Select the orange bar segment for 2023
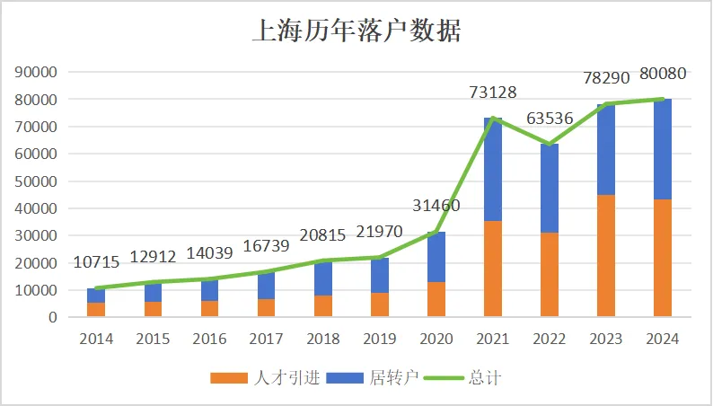[x=606, y=256]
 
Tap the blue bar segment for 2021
[x=493, y=171]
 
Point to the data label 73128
[x=493, y=93]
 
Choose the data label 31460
[x=436, y=207]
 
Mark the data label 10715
[x=96, y=262]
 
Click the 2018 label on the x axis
[x=322, y=339]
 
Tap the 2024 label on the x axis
[x=663, y=339]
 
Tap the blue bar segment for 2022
[x=550, y=189]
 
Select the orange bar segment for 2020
[x=436, y=299]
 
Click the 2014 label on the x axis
[x=96, y=339]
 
